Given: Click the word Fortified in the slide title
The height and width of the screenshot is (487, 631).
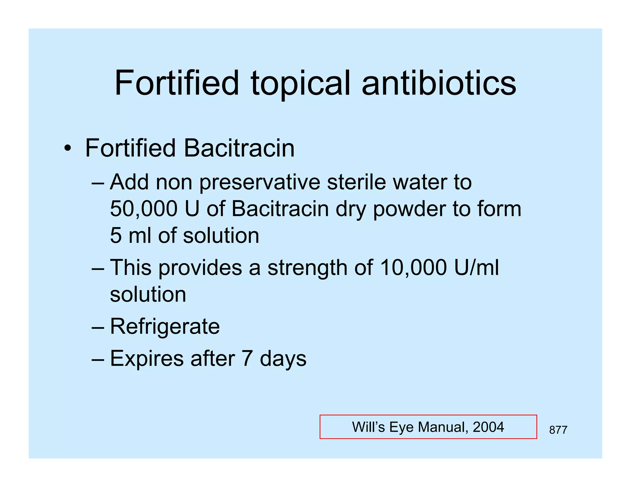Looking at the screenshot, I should pyautogui.click(x=177, y=83).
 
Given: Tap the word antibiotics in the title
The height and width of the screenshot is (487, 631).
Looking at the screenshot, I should pyautogui.click(x=439, y=83).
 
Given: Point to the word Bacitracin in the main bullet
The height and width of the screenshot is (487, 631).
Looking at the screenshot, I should pyautogui.click(x=239, y=148).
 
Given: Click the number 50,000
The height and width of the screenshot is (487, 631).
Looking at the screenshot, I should pyautogui.click(x=144, y=209).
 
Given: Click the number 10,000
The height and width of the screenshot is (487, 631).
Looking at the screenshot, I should pyautogui.click(x=413, y=267).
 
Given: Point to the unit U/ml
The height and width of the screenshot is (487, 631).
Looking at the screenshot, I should pyautogui.click(x=476, y=267).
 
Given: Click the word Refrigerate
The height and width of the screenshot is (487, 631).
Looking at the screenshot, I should pyautogui.click(x=165, y=326).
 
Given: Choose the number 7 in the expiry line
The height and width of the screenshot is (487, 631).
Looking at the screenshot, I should pyautogui.click(x=247, y=359).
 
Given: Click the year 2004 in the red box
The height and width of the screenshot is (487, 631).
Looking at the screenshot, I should pyautogui.click(x=488, y=427).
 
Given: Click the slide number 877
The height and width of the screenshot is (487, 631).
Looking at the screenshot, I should pyautogui.click(x=558, y=430).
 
